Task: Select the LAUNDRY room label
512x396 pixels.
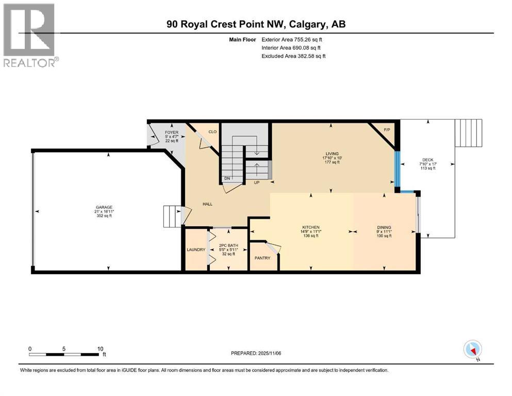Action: (196, 250)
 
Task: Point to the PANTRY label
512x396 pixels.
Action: (262, 258)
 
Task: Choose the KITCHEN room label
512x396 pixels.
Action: (311, 227)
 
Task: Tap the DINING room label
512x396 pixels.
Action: (384, 227)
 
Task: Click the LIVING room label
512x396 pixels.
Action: (331, 153)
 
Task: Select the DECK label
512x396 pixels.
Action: (427, 160)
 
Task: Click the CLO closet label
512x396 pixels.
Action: (212, 132)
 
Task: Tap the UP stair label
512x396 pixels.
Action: (256, 183)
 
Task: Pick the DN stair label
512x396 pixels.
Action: (227, 179)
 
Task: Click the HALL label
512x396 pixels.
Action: (207, 204)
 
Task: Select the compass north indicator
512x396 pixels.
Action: (472, 350)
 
